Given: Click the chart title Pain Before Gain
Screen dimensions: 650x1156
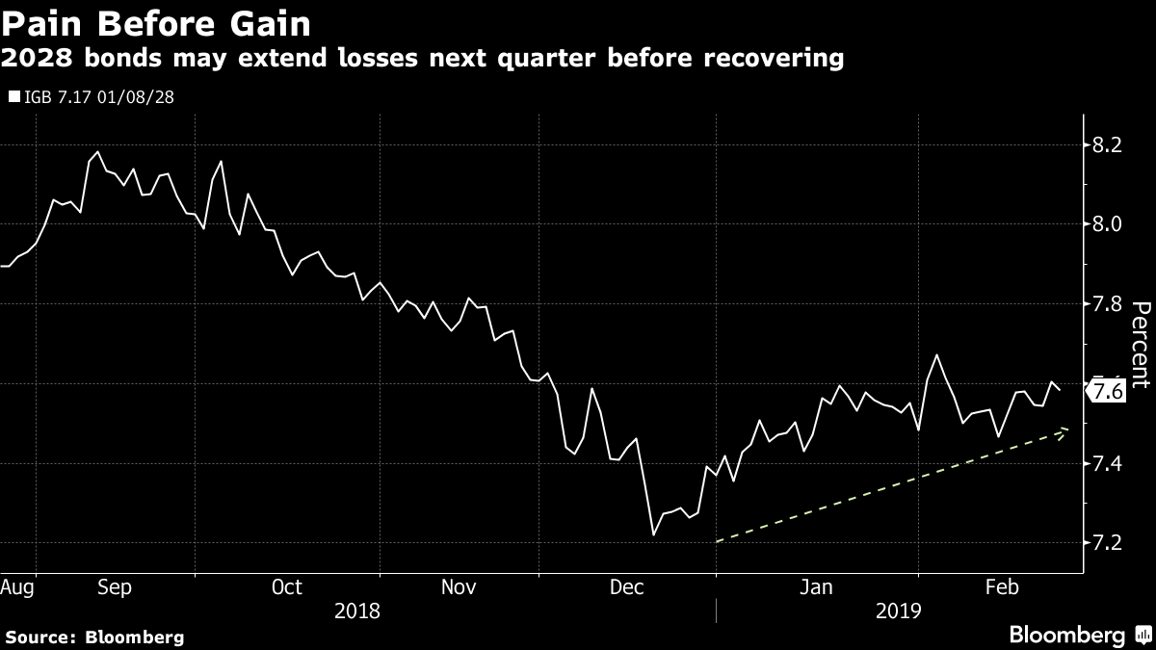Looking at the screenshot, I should click(x=158, y=21).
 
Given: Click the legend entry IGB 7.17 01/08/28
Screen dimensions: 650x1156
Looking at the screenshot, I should click(x=91, y=96).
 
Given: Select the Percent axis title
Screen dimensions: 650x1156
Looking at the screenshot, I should click(x=1141, y=345).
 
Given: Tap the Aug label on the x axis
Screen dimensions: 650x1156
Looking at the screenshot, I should click(x=18, y=586).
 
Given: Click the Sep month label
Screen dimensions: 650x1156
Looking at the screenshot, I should click(x=116, y=586).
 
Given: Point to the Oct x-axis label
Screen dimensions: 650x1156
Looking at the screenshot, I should click(x=287, y=586).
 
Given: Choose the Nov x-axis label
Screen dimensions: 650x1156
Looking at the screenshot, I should click(x=459, y=586).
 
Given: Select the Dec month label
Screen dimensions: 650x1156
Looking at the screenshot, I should click(x=628, y=586).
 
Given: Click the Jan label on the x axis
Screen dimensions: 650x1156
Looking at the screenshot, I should click(x=817, y=586).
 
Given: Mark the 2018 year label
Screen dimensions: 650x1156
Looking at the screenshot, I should click(x=356, y=611).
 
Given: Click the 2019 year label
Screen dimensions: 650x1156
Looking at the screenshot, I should click(x=899, y=611).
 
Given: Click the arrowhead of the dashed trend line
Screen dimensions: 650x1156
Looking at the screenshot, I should click(x=1064, y=431).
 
